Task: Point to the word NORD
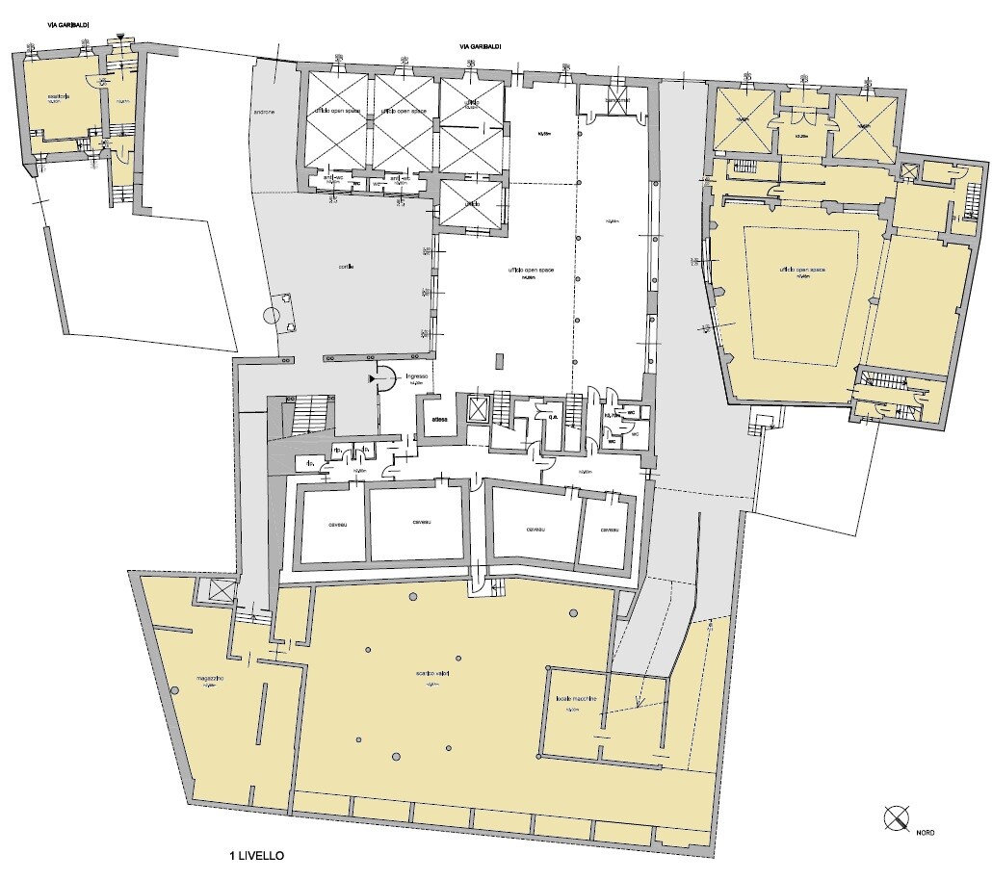925,832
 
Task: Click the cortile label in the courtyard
332,267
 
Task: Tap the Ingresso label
417,376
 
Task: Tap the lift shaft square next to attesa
477,409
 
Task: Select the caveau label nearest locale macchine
607,531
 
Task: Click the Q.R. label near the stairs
554,418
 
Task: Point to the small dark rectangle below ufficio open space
498,361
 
